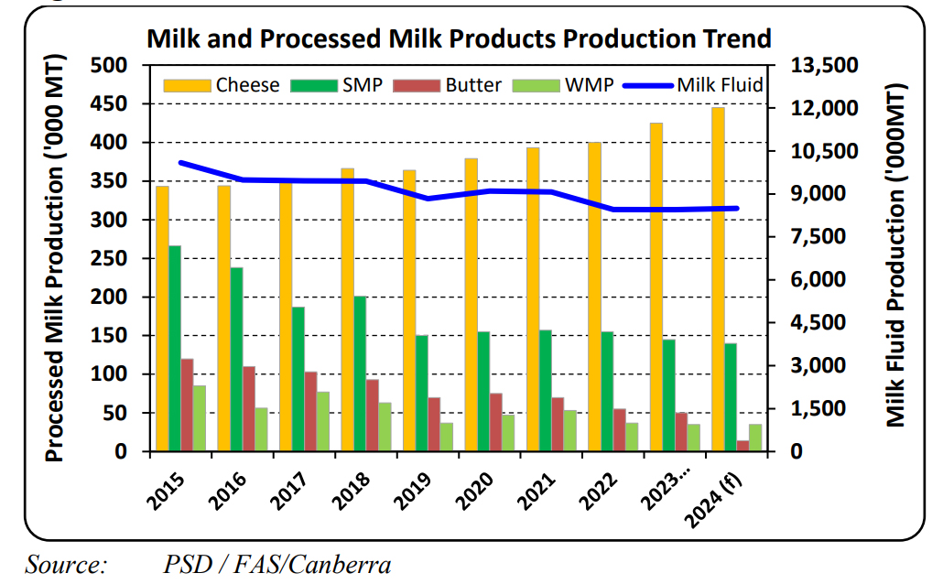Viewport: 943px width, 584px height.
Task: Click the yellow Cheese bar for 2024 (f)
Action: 719,279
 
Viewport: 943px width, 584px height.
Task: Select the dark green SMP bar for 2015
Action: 175,349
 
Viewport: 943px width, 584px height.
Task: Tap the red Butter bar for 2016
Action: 249,409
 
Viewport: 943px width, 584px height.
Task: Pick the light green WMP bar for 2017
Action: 323,422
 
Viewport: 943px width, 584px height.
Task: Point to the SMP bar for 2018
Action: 360,373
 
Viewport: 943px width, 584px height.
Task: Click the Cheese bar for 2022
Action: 595,297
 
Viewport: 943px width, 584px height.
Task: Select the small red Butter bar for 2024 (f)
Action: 743,446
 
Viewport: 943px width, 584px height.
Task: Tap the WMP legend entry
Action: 563,85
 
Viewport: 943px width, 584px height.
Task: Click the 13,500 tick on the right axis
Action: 825,66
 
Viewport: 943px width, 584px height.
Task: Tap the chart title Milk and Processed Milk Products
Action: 459,38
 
